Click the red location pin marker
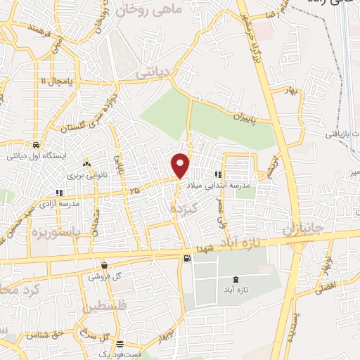coord(181,164)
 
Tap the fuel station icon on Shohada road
coord(186,258)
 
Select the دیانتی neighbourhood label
coord(153,71)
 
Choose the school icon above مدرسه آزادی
coord(59,191)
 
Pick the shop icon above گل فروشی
coord(105,266)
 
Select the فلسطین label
coord(105,307)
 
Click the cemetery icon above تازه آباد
coord(235,279)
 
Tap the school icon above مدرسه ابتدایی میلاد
coord(218,175)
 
